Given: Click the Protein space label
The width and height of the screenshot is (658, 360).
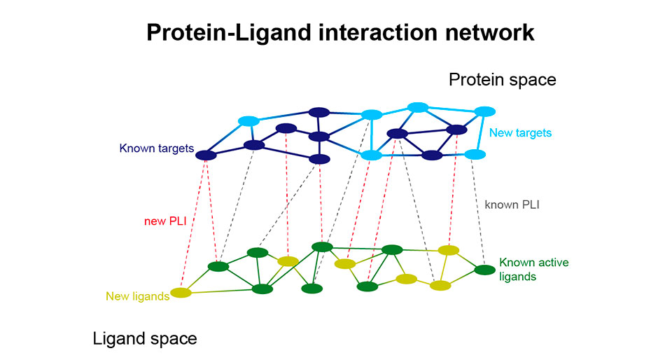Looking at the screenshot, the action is click(503, 80).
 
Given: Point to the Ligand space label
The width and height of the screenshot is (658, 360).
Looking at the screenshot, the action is click(145, 338).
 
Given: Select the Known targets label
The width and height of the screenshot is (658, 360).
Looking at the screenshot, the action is click(157, 148).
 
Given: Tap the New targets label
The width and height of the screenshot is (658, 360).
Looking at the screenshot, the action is click(520, 133).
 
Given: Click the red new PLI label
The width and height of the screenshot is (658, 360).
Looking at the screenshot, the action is click(165, 221).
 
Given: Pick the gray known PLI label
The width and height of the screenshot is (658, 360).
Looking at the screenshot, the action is click(512, 205).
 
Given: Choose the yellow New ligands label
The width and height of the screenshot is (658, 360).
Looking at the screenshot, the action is click(138, 296).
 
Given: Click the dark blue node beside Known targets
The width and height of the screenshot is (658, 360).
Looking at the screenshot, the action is click(206, 155).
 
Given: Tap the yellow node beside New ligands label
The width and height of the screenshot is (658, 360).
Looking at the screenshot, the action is click(181, 292).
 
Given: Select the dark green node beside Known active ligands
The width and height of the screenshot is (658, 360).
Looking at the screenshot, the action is click(484, 270).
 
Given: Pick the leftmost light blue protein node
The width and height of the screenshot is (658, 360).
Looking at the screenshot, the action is click(248, 121).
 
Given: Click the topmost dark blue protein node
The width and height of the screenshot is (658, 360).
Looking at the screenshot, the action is click(319, 112).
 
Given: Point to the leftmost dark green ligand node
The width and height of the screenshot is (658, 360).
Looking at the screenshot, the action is click(218, 266).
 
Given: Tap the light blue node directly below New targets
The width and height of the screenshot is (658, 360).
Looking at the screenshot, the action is click(475, 154).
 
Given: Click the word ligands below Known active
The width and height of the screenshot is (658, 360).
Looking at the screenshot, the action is click(518, 277).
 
